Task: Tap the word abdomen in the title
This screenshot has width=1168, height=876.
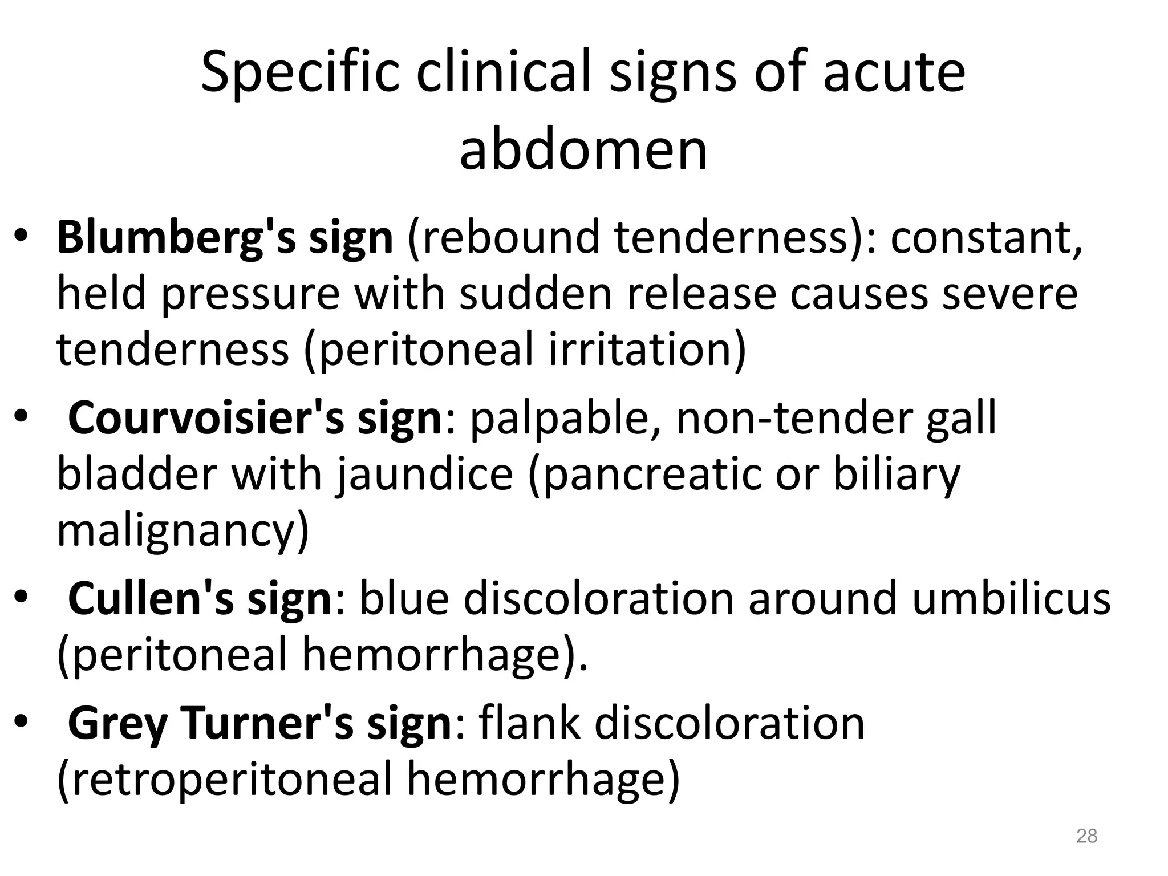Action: (x=583, y=150)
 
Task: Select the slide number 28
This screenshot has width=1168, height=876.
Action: (x=1086, y=836)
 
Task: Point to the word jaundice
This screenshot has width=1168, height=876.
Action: (x=424, y=476)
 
